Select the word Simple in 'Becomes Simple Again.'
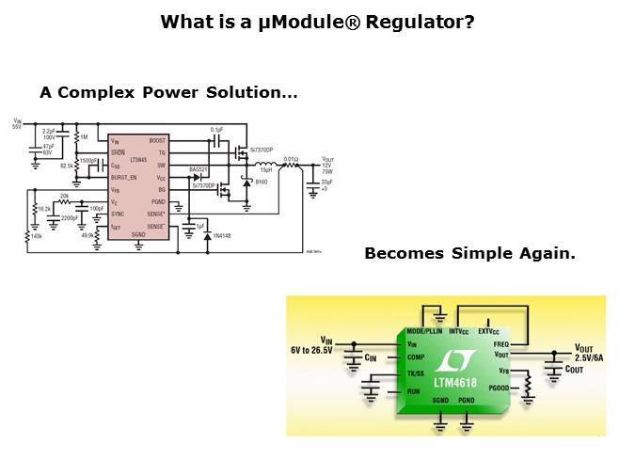point(481,254)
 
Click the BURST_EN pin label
point(123,177)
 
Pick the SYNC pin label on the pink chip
point(118,214)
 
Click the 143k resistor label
point(37,235)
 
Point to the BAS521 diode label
point(198,169)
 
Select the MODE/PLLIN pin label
point(425,331)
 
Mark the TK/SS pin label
point(416,373)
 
